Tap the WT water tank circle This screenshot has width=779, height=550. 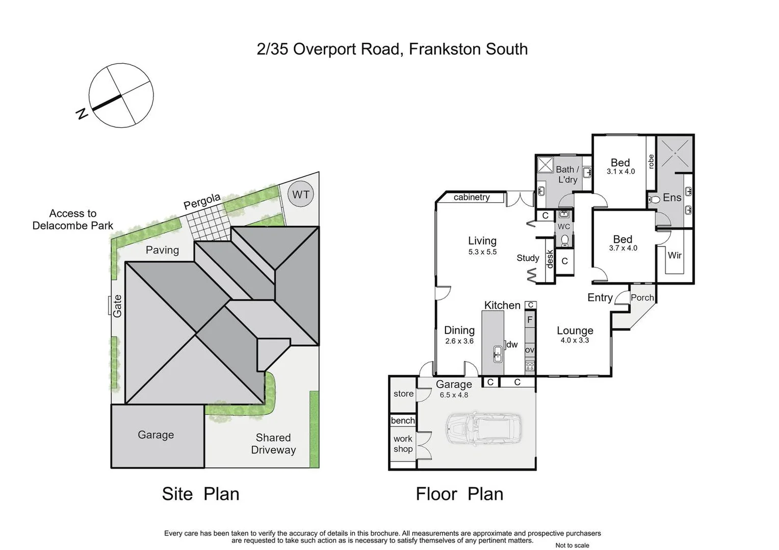301,194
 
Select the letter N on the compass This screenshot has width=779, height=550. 82,114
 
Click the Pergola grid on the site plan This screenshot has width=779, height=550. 208,224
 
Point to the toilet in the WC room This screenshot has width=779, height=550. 564,239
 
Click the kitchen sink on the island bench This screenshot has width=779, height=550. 498,354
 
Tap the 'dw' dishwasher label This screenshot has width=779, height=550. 512,345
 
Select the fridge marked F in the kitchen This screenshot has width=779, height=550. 530,320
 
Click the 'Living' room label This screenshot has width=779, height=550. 482,241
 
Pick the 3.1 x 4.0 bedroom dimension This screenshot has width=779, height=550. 620,172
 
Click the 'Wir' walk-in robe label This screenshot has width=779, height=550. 674,255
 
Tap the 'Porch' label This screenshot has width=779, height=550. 642,297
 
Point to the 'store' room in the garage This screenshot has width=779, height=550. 403,394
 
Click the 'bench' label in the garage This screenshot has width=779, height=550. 403,421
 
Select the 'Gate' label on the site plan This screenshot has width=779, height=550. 117,306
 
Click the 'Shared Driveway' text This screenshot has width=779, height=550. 273,444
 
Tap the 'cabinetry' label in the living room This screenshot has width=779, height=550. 472,197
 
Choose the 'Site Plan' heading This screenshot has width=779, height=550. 200,493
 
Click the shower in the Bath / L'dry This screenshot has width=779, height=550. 545,165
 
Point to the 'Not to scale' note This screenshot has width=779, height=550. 572,545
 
